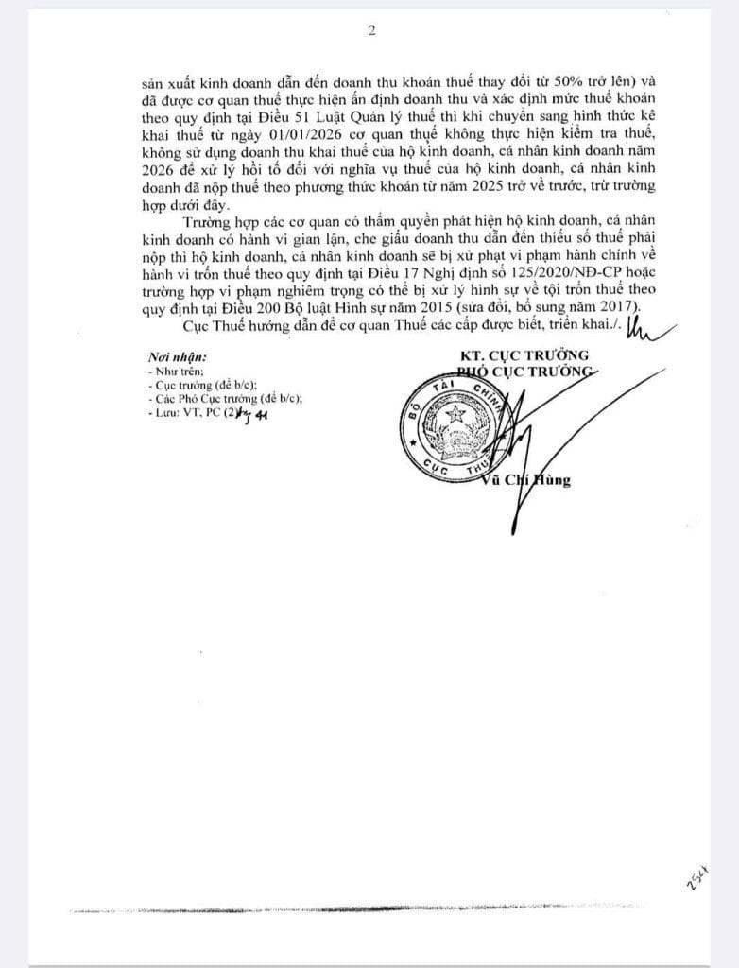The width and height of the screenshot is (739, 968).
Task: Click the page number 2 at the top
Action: (x=371, y=30)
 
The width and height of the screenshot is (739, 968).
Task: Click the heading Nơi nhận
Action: (x=178, y=358)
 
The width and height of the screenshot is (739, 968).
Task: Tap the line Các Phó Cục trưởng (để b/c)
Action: (x=227, y=399)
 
